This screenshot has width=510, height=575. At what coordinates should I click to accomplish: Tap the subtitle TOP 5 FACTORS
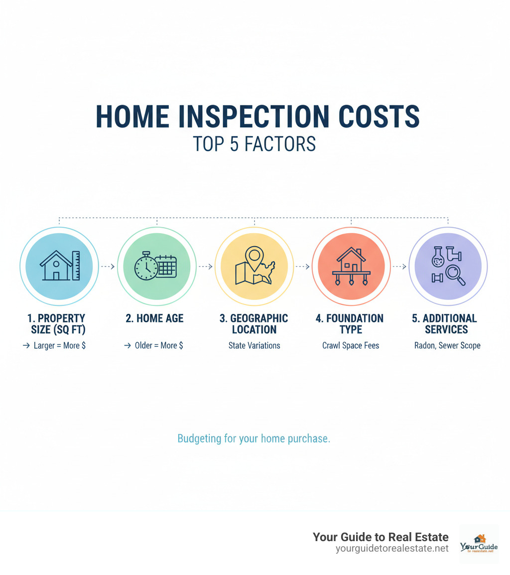tap(255, 144)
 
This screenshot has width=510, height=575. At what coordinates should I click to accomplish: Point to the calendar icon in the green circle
tap(166, 267)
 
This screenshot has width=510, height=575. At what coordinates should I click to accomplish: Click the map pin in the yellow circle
tap(255, 256)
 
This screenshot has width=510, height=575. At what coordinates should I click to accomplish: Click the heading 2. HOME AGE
tap(154, 318)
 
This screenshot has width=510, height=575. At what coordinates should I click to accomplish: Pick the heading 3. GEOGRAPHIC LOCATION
tap(254, 324)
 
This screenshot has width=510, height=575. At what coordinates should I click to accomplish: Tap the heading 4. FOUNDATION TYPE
tap(350, 324)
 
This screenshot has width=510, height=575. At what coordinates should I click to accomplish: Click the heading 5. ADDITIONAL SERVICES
tap(446, 324)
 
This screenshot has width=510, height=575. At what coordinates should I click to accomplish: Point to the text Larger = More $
tap(59, 345)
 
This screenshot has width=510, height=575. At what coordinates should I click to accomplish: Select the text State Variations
tap(254, 345)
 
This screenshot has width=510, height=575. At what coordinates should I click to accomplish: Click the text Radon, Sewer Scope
tap(447, 345)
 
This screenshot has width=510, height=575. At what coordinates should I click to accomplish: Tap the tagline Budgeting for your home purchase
tap(254, 439)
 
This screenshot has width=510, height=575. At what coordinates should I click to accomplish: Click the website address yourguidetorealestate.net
tap(392, 548)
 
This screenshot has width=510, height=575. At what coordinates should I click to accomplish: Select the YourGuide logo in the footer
tap(479, 544)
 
